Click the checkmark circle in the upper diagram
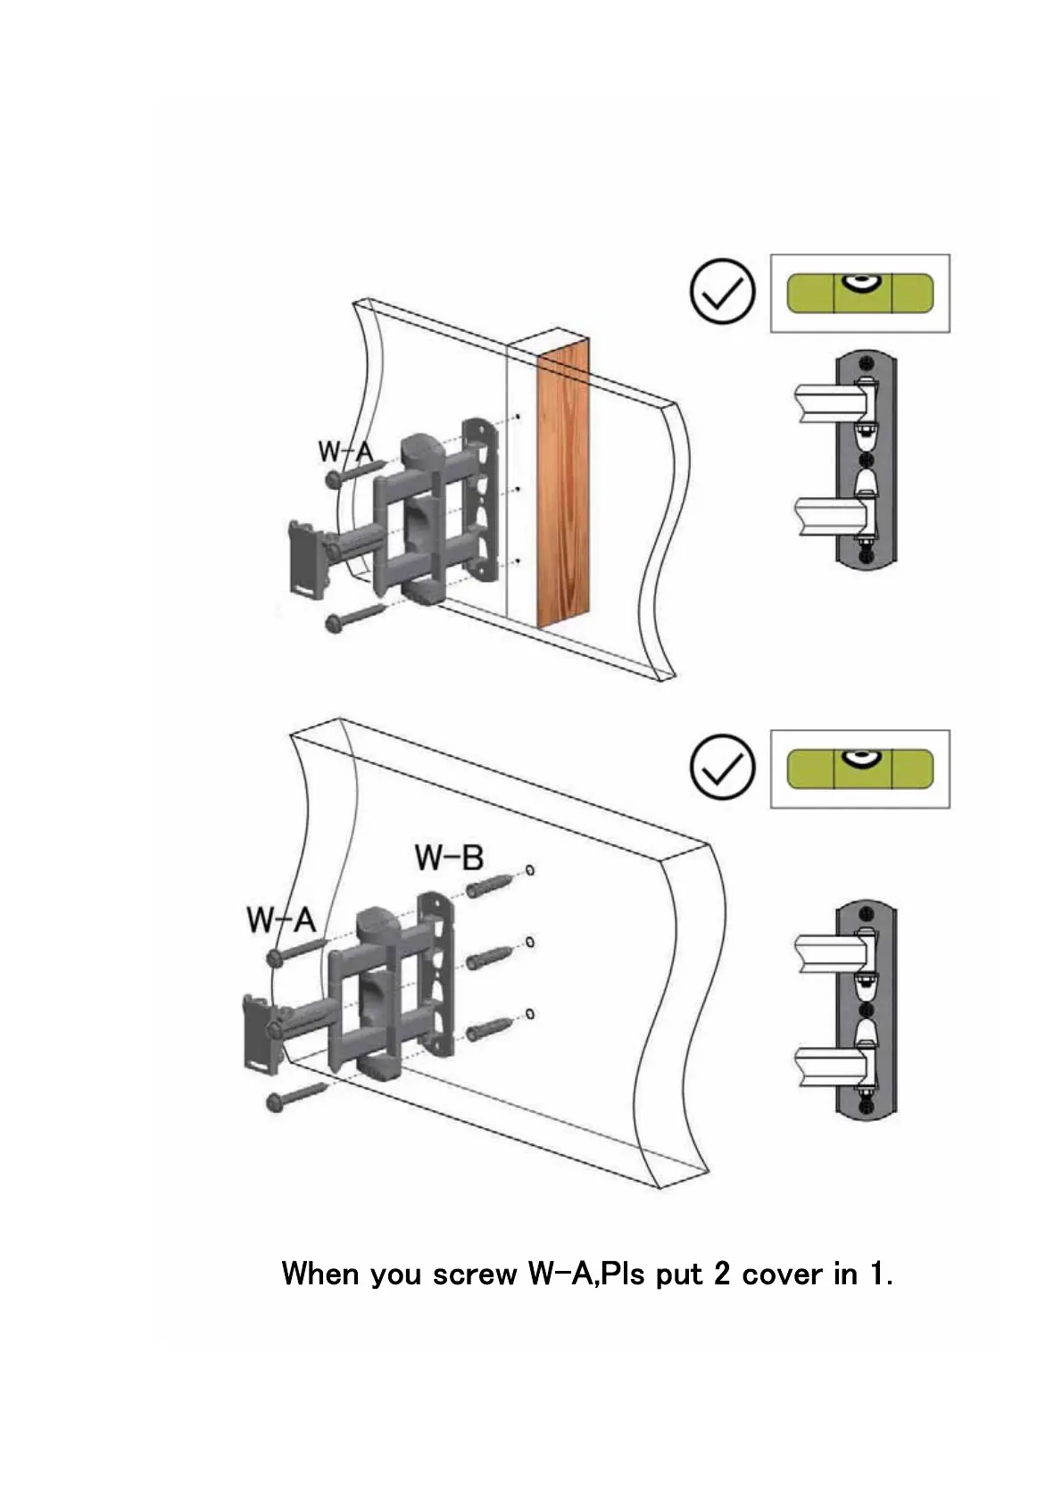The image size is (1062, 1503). [x=722, y=292]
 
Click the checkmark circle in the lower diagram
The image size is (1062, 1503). [x=722, y=767]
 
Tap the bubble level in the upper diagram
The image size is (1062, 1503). [x=859, y=293]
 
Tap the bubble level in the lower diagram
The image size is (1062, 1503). [x=859, y=768]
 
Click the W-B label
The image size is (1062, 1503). [x=449, y=858]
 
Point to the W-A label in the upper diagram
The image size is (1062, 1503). [x=345, y=452]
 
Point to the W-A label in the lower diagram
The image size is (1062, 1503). [x=281, y=919]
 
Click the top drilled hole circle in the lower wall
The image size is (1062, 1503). [x=530, y=869]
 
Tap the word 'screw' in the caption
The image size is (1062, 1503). [x=474, y=1274]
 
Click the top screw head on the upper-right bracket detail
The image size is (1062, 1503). [x=865, y=362]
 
